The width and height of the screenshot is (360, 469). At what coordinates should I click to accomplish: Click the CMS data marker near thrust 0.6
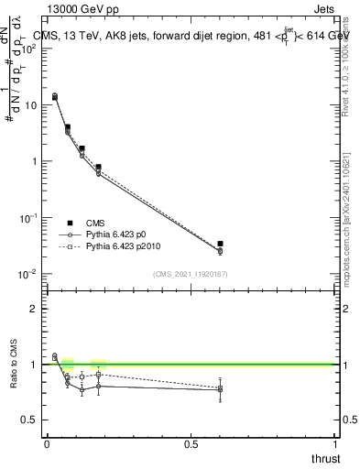pos(220,244)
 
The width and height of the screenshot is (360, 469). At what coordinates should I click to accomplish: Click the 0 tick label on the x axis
pos(47,443)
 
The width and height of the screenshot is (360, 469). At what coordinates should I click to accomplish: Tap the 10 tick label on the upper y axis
pos(30,104)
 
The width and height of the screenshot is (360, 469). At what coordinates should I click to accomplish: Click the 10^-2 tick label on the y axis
pos(28,274)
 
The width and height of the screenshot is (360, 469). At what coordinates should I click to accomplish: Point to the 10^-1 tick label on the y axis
pos(28,218)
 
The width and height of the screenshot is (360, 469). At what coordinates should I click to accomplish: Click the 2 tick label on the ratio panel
pos(35,309)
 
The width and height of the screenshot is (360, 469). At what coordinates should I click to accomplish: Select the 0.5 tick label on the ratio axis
pos(29,420)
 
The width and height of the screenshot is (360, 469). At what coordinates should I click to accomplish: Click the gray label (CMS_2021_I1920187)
pos(190,273)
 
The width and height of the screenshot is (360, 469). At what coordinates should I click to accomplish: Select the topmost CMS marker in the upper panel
pos(54,95)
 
